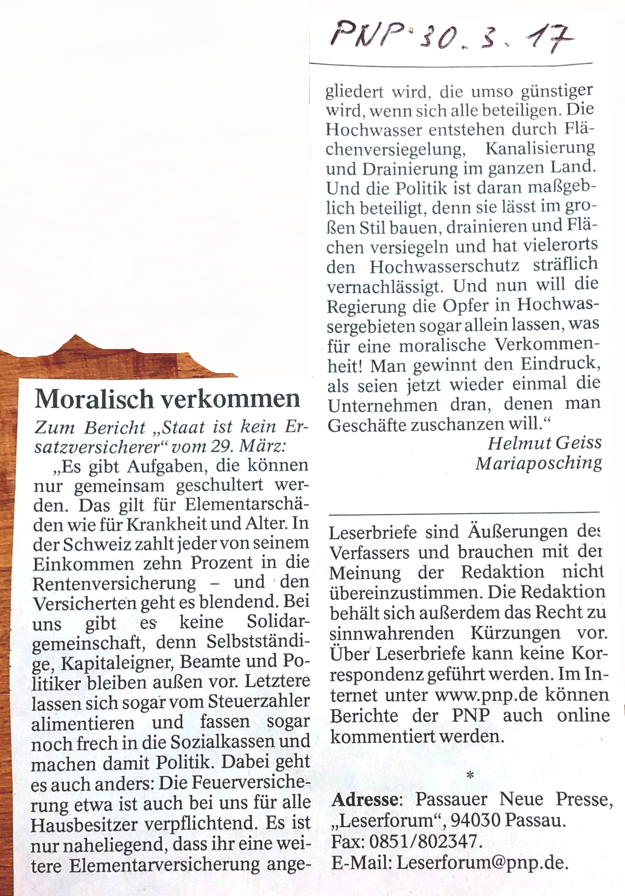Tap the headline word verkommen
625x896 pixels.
pyautogui.click(x=230, y=399)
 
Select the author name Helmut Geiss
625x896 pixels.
pyautogui.click(x=544, y=442)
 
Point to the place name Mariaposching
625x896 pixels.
pyautogui.click(x=538, y=463)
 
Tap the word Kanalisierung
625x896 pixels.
pyautogui.click(x=540, y=149)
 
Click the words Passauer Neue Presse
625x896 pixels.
pyautogui.click(x=511, y=800)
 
